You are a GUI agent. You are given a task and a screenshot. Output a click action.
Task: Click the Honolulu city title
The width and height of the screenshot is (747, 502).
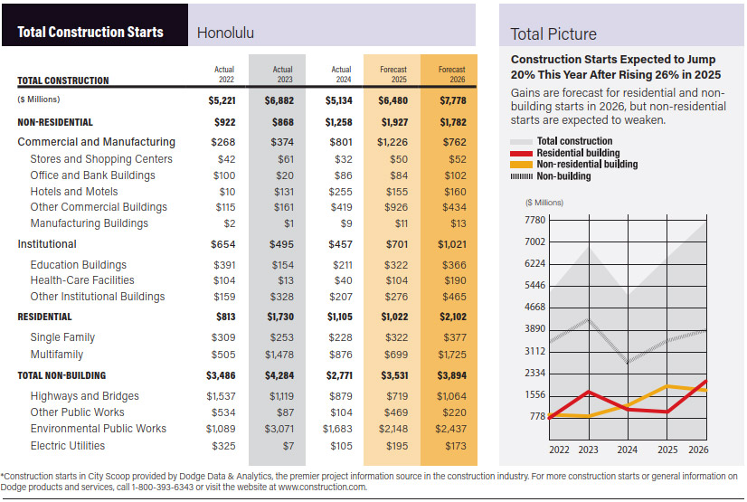point(225,33)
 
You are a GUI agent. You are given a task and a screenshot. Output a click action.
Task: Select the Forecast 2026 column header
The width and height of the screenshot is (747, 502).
point(451,74)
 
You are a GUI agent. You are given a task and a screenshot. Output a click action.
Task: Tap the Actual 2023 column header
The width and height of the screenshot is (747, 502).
point(282,74)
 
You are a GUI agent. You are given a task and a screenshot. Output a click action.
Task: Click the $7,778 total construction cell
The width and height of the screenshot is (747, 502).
point(453,100)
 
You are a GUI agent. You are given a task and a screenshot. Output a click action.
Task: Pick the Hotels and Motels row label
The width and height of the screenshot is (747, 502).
point(74,192)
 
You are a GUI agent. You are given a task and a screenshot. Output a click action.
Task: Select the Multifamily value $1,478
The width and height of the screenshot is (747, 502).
point(279,355)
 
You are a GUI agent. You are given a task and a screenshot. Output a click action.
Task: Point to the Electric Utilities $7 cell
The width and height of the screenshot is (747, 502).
point(288,446)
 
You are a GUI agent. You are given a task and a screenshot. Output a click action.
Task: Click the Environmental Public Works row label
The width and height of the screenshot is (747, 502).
point(99,429)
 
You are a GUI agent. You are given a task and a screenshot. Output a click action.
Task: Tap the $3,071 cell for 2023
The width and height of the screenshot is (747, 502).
point(279,429)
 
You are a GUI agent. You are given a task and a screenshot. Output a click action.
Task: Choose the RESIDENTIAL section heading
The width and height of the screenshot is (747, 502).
point(44,317)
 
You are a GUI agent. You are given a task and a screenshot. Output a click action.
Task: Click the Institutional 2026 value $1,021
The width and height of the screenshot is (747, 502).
point(452,244)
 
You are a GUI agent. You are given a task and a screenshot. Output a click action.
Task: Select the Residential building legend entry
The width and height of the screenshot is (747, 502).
point(564,153)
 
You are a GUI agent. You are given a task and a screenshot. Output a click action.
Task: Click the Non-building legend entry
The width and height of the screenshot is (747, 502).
point(550,176)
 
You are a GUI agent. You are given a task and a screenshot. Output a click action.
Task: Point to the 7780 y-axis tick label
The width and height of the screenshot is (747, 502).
point(535,220)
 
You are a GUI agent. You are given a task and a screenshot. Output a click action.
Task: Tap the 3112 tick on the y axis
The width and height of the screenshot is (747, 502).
point(535,351)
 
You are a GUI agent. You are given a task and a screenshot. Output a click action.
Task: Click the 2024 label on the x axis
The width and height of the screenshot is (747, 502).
point(627,450)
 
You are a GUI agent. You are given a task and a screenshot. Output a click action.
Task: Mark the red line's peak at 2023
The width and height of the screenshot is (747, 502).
point(590,392)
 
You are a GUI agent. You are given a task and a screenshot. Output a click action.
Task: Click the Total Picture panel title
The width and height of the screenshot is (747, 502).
point(553,34)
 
